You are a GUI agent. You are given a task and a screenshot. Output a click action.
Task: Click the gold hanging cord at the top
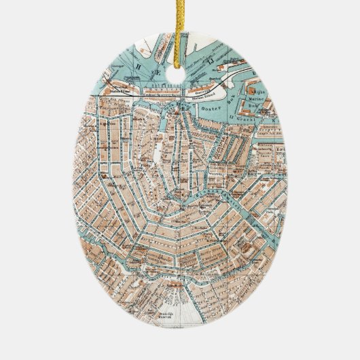tap(181, 27)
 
